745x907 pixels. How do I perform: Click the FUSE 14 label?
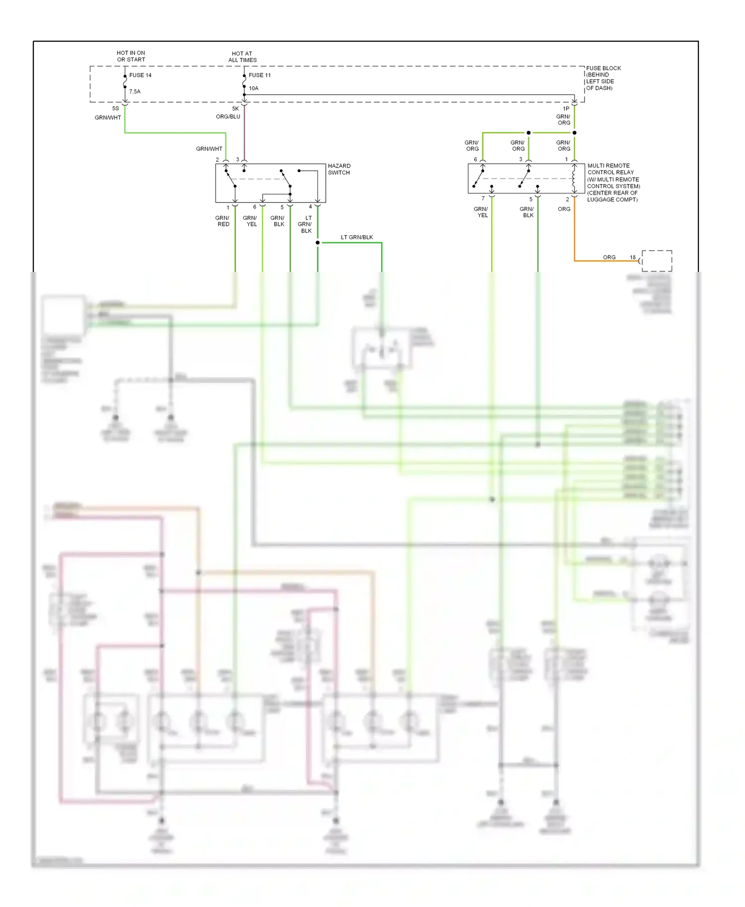click(140, 75)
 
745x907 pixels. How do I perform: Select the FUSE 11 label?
click(259, 75)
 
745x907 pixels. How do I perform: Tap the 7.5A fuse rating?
click(135, 92)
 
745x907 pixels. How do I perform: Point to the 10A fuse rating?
click(253, 88)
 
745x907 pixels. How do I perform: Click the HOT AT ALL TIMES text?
click(242, 57)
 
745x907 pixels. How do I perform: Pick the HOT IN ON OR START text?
click(131, 56)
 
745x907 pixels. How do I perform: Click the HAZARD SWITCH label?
click(339, 169)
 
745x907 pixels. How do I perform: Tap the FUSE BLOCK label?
click(603, 68)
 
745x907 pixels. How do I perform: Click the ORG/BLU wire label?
click(228, 117)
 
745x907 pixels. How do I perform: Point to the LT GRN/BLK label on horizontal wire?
click(357, 237)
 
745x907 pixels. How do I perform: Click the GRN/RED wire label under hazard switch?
click(223, 221)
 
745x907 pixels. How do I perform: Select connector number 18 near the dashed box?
click(633, 258)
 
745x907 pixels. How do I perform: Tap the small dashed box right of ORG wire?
click(657, 261)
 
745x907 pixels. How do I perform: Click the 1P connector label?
click(566, 109)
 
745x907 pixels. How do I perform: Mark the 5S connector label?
click(116, 109)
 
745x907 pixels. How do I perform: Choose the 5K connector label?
click(235, 109)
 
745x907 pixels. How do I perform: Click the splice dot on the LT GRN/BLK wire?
click(317, 243)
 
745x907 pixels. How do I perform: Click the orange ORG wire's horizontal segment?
click(596, 261)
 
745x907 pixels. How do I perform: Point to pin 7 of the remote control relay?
click(483, 199)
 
